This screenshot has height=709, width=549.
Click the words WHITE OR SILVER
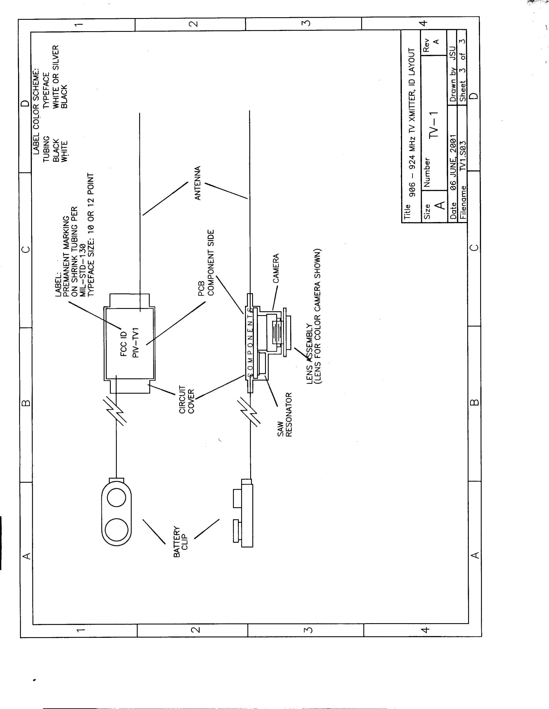(x=56, y=77)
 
